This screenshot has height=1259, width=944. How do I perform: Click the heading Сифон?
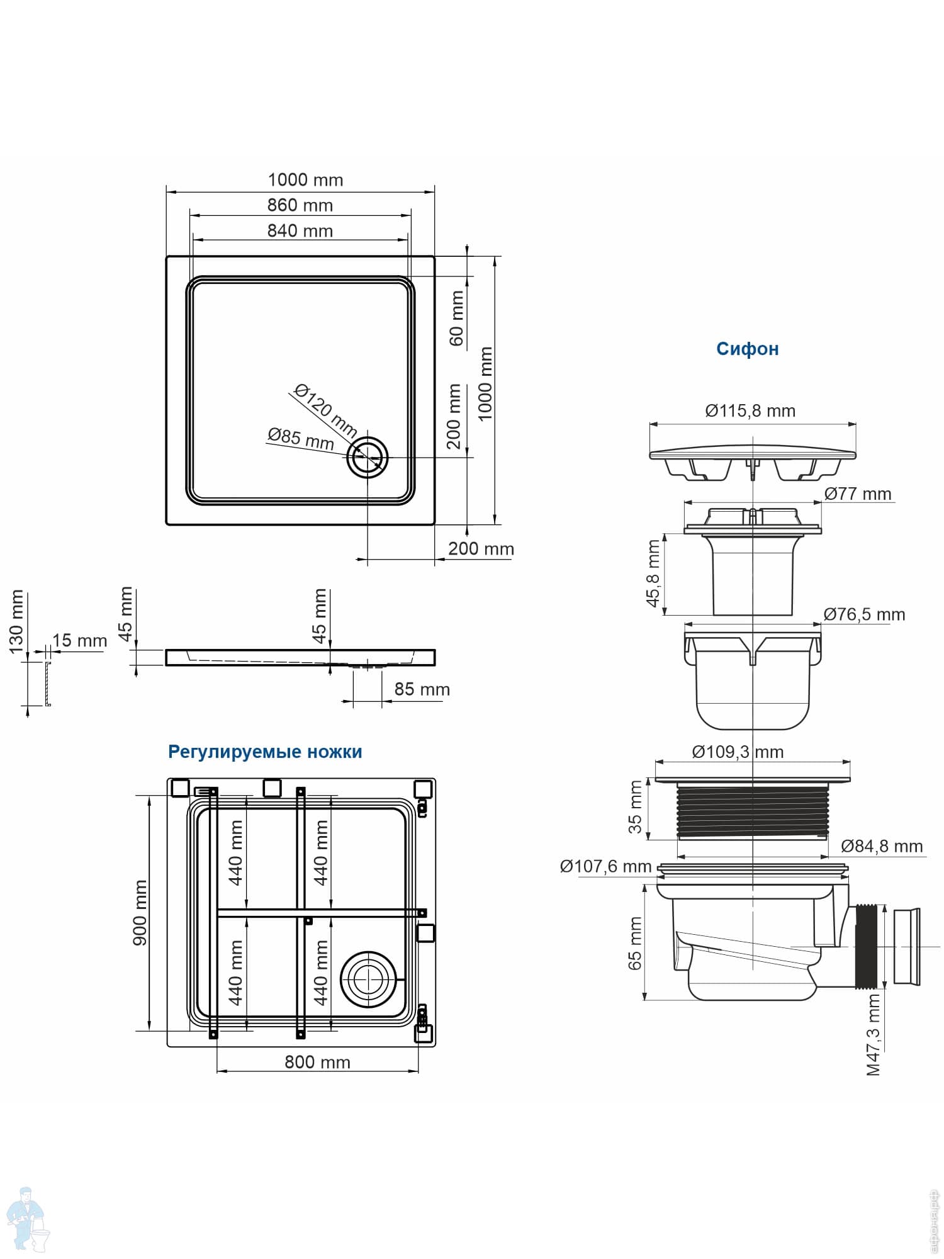point(747,349)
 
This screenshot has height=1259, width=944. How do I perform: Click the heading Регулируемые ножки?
point(265,752)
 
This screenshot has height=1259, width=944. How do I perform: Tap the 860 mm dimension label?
point(300,205)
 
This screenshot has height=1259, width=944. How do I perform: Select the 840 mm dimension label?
point(300,231)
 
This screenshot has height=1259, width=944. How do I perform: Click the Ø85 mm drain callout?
point(300,438)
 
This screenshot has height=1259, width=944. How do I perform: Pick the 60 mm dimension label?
point(456,318)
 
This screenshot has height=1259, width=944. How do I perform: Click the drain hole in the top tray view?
point(368,458)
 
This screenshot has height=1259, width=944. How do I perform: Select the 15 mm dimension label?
point(79,641)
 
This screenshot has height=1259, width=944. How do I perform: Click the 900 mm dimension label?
point(140,912)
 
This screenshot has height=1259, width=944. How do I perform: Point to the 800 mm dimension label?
point(317,1063)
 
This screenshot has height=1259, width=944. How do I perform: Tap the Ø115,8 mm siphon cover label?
point(750,411)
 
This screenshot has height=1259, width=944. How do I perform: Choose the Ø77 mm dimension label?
point(858,494)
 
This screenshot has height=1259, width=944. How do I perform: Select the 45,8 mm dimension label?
point(653,573)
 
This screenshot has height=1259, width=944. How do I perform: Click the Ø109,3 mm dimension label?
point(738,752)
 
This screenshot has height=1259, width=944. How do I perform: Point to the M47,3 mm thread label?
point(874,1035)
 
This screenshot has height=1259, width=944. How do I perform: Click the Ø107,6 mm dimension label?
point(605,866)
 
